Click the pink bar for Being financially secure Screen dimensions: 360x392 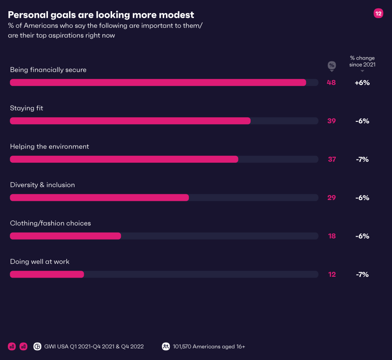(x=158, y=82)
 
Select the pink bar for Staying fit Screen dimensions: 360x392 (x=130, y=121)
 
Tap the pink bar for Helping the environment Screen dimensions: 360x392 (x=124, y=159)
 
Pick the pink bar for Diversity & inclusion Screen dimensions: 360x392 (x=100, y=198)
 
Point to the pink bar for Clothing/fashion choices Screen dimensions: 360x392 (x=66, y=236)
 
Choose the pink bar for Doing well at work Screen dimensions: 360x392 (x=47, y=274)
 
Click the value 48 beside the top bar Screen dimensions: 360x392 (x=331, y=82)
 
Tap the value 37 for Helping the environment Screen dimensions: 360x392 (x=332, y=159)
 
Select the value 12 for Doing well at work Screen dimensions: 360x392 (x=332, y=274)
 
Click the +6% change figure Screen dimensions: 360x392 (x=362, y=82)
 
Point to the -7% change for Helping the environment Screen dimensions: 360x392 (x=362, y=159)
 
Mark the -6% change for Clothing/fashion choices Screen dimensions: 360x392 (x=362, y=236)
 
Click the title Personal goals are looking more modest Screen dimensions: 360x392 (x=101, y=15)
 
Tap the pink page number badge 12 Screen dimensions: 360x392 (x=378, y=14)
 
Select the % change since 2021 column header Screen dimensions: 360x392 (x=362, y=61)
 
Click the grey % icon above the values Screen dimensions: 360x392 (x=332, y=65)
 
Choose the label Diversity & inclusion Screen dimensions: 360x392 (x=42, y=185)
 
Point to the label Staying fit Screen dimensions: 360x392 (x=27, y=108)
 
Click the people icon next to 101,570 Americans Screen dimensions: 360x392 (x=166, y=347)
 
